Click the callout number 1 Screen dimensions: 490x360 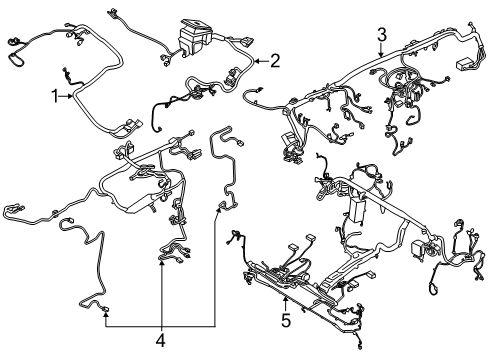coord(55,97)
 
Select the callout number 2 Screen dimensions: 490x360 coord(275,61)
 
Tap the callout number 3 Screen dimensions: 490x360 coord(382,35)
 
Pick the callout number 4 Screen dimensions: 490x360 coord(161,340)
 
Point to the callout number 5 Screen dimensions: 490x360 coord(286,320)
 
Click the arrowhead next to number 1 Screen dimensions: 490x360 coord(70,97)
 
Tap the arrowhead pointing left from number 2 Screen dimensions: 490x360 coord(258,61)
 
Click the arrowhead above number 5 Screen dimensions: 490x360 coord(285,299)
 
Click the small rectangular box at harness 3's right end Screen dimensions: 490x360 coord(464,64)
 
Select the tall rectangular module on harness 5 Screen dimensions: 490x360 coord(356,210)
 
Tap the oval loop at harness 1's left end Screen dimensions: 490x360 coord(15,59)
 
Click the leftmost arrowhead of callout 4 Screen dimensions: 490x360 coord(106,314)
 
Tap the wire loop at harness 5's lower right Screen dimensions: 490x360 coord(432,288)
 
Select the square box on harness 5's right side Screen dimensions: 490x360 coord(418,248)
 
